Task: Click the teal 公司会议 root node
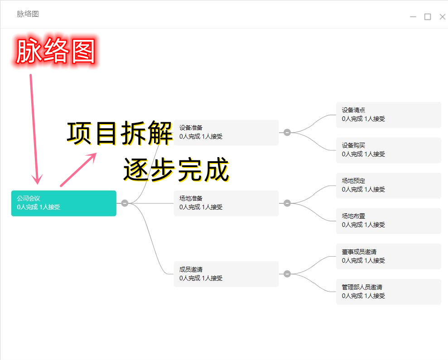63,203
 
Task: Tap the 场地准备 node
226,203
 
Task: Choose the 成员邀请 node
226,274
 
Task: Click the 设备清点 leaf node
388,115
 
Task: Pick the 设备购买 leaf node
388,150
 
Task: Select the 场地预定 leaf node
388,185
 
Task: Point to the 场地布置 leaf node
388,221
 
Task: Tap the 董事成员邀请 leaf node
388,256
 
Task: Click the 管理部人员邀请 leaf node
388,292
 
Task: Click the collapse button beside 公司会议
125,203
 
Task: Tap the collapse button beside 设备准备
287,132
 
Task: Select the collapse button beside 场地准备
287,203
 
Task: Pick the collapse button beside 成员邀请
287,274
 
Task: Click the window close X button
443,17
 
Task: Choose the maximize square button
428,17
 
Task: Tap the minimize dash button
413,17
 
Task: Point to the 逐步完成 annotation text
176,170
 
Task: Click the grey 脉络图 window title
28,14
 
